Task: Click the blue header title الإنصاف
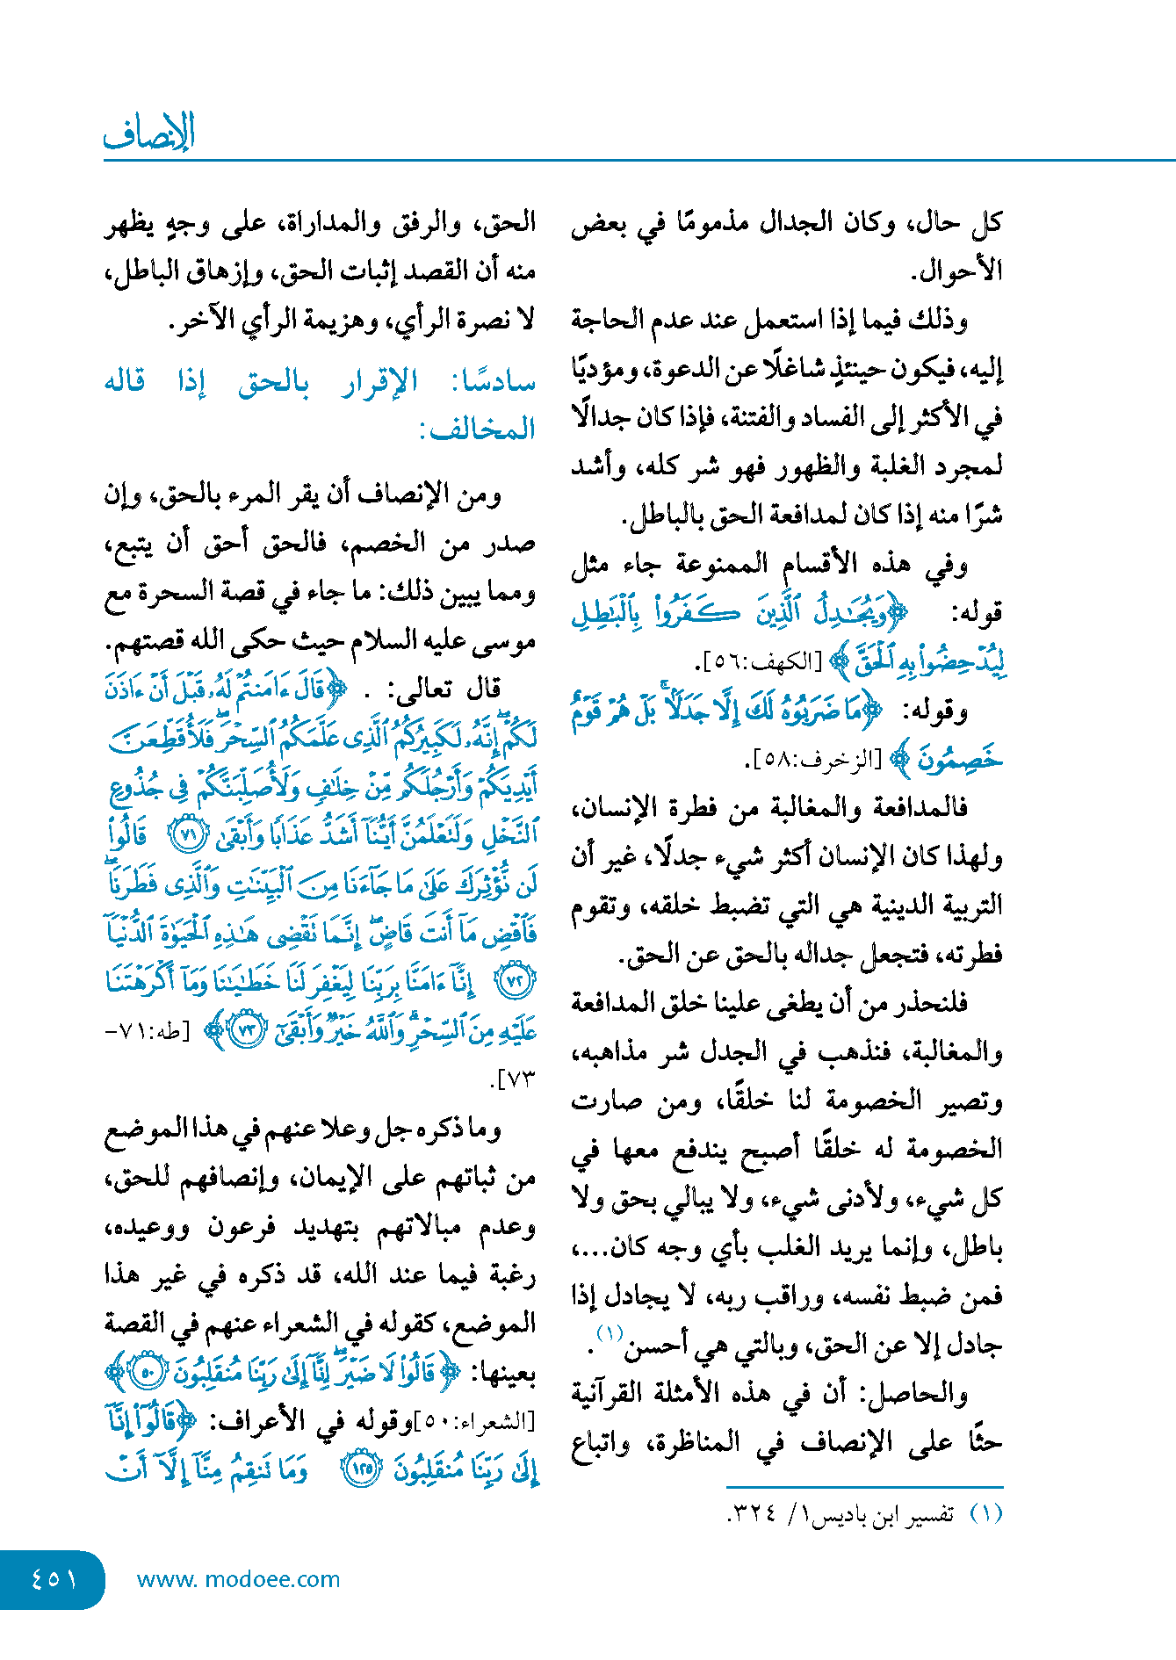point(148,133)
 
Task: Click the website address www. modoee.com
point(238,1579)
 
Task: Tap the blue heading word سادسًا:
point(493,382)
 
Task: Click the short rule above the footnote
point(864,1486)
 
